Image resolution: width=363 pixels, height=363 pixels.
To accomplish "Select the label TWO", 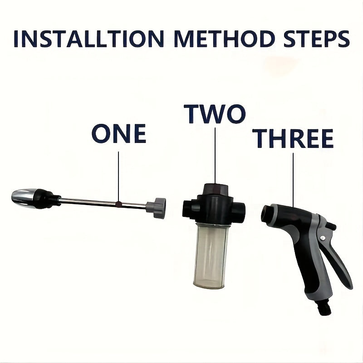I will coord(215,114).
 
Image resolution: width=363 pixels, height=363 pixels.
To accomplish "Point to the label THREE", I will coord(293,138).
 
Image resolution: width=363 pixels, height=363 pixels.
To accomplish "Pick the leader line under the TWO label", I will coord(215,154).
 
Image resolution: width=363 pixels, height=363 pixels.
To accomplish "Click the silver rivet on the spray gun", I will coord(322,238).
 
